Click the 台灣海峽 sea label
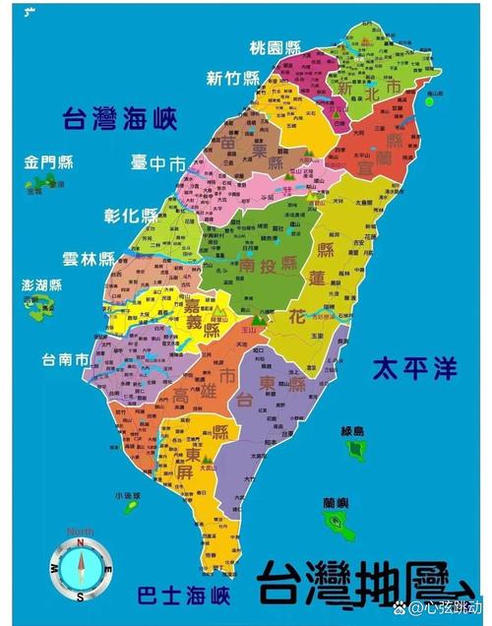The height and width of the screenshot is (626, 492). click(118, 120)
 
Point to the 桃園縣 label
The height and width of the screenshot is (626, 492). click(274, 46)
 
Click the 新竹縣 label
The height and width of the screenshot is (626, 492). click(233, 79)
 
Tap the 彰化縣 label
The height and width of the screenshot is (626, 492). click(130, 216)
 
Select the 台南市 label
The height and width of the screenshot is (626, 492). click(66, 359)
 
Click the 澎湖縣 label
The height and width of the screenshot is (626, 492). click(41, 285)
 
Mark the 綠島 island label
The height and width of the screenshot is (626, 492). click(352, 431)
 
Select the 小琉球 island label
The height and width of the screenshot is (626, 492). click(127, 495)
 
